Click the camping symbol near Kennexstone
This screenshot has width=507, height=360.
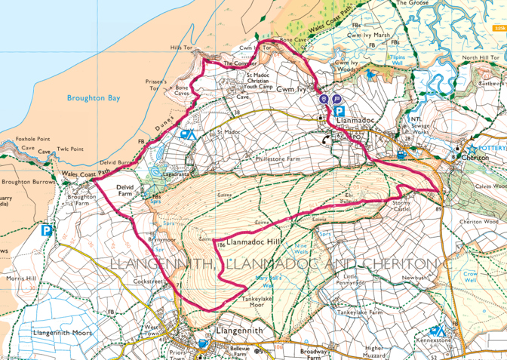[437, 331]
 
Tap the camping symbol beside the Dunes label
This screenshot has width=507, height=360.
[186, 134]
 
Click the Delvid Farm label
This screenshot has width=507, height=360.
[129, 192]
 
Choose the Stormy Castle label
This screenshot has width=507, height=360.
[400, 206]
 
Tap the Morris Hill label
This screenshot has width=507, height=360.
[20, 278]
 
